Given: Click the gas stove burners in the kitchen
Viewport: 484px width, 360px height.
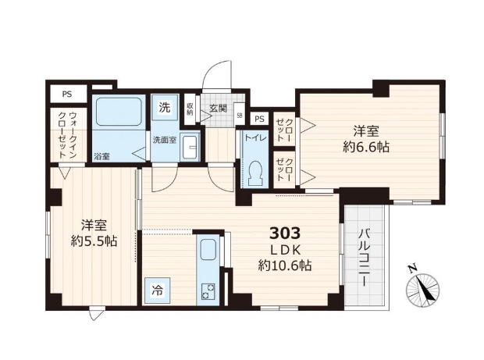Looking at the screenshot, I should [x=209, y=291].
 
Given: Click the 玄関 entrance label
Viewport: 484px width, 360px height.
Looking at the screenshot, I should [x=218, y=108].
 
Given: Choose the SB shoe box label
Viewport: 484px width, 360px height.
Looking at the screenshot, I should [x=239, y=116].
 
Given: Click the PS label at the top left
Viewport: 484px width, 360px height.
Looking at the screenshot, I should [x=67, y=94].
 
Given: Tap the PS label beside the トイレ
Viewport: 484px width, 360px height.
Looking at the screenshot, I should [x=259, y=119].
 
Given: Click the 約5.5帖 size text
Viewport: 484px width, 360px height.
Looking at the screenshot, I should [x=90, y=241].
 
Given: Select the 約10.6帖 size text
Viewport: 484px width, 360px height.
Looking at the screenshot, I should [x=285, y=266].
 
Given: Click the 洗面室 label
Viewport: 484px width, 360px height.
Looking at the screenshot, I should [x=163, y=140].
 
